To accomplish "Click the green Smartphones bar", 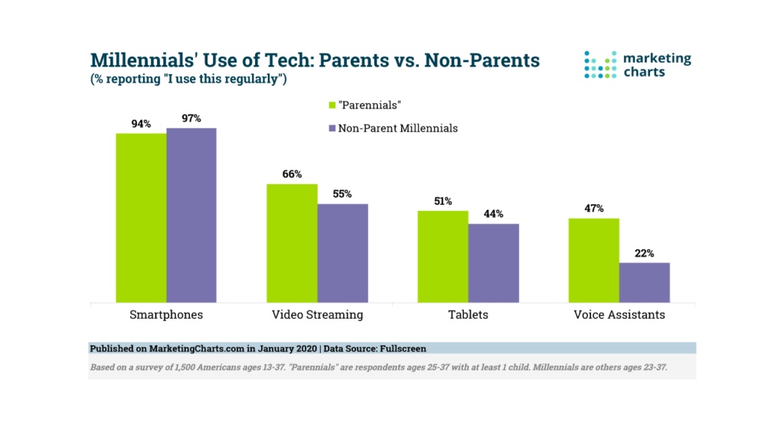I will click(141, 218).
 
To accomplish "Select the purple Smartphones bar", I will click(191, 215).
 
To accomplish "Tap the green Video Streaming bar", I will click(292, 243).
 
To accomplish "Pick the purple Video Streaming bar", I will click(342, 253).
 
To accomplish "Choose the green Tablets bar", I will click(443, 256).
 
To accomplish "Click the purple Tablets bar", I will click(493, 263).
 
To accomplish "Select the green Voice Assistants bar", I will click(593, 260).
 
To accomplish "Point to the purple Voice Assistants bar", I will click(644, 282).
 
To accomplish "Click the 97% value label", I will click(191, 118).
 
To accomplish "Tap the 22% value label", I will click(644, 253).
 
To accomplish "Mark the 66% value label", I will click(292, 174).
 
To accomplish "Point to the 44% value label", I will click(493, 214).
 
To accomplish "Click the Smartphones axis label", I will click(166, 314).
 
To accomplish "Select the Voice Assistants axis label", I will click(619, 314).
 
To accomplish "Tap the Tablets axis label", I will click(468, 314).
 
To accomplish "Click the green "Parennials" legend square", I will click(332, 105).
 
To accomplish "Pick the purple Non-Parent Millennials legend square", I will click(332, 129).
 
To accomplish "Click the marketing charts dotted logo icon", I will click(600, 65).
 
